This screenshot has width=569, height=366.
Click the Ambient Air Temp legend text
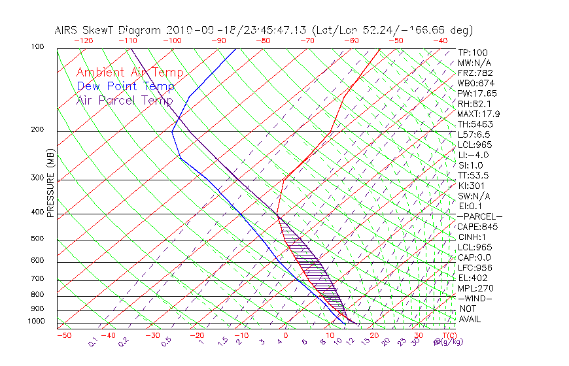pos(129,73)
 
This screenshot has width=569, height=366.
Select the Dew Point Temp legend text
pos(126,86)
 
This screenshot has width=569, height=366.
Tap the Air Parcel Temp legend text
pos(124,100)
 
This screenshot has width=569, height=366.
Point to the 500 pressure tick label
pos(38,239)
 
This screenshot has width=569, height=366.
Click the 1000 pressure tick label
pos(36,322)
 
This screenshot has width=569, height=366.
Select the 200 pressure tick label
pos(38,130)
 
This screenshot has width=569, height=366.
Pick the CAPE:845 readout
pos(475,227)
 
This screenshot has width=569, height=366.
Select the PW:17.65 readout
pos(477,93)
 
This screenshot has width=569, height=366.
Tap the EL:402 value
pos(471,278)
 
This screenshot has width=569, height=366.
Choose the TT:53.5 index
pos(474,175)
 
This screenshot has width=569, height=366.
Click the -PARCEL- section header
pos(480,216)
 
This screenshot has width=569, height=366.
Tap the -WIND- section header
pos(475,299)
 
